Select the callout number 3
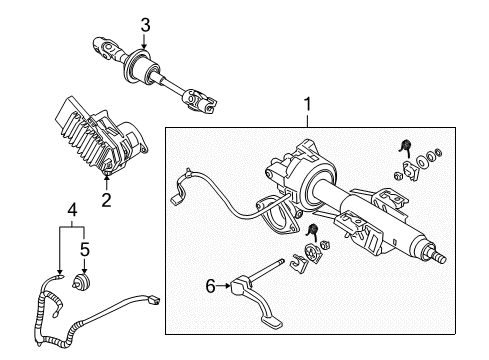point(144,24)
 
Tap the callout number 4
point(72,210)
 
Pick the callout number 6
point(211,285)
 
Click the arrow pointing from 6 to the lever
point(225,286)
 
